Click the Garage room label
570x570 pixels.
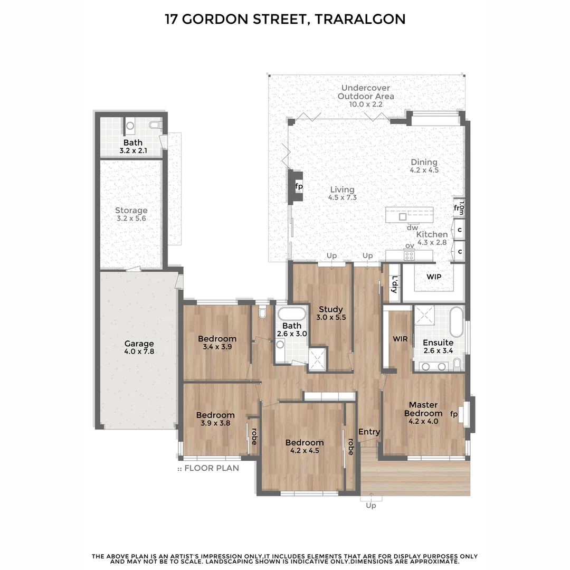coord(139,344)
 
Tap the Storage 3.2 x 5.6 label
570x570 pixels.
coord(131,211)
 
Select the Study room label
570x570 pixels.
coord(331,309)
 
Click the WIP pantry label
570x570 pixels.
coord(434,277)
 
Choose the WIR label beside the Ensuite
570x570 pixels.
coord(400,339)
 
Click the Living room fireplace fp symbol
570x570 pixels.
coord(299,186)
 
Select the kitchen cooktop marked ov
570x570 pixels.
coord(410,255)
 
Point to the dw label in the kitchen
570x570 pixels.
coord(413,228)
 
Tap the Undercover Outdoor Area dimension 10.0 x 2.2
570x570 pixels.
coord(365,104)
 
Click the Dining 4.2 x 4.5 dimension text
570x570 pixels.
coord(424,170)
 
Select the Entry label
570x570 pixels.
coord(369,432)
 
